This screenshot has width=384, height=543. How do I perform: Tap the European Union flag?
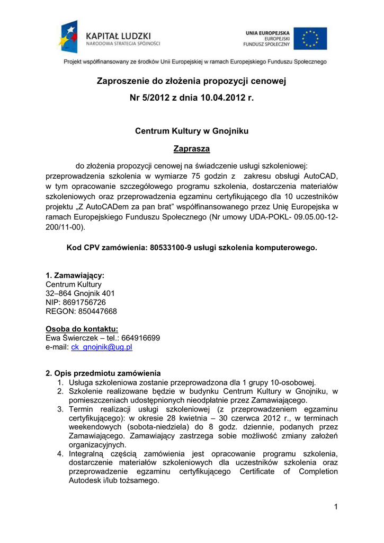coord(310,39)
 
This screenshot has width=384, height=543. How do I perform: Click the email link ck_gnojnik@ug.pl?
coord(102,347)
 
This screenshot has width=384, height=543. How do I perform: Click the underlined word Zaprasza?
coord(192,149)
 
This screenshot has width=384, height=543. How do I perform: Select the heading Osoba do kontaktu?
coord(82,329)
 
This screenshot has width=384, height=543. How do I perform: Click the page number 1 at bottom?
coord(335,507)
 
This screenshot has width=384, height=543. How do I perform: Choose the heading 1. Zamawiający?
coord(75,275)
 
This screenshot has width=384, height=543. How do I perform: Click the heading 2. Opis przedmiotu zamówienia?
coord(103,373)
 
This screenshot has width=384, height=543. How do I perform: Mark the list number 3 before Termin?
coord(61,409)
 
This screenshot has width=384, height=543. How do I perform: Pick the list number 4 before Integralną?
coord(61,454)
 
